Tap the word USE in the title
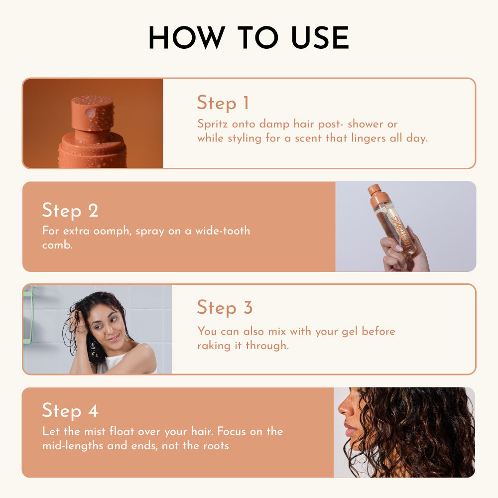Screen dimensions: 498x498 click(320, 37)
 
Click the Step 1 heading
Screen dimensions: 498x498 click(223, 103)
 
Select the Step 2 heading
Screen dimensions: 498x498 click(70, 210)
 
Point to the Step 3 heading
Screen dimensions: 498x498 click(225, 307)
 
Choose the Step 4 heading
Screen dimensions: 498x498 click(70, 410)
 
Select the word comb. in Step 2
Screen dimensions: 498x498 click(57, 245)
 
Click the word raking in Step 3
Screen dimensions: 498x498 click(214, 346)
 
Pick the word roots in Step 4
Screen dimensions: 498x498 click(216, 446)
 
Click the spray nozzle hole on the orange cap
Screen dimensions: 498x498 click(90, 113)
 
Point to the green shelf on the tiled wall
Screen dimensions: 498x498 click(28, 314)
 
